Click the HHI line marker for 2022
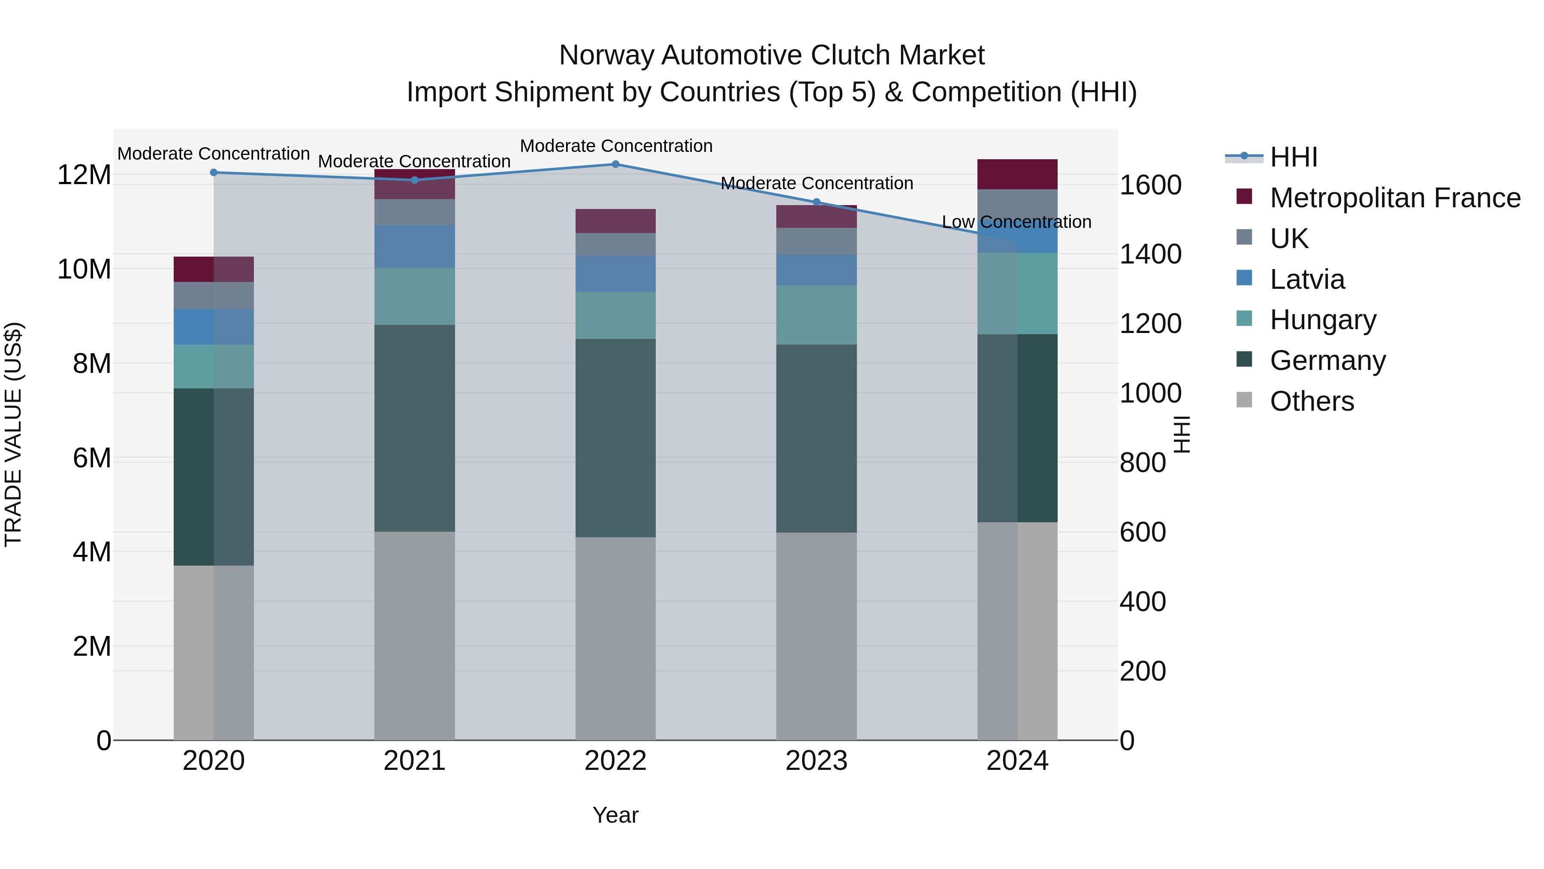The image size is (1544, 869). click(615, 164)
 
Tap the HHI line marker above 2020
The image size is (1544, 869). click(214, 173)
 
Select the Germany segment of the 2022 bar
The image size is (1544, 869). click(615, 438)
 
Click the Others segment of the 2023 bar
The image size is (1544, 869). click(816, 636)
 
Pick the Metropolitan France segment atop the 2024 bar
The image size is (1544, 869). click(1017, 174)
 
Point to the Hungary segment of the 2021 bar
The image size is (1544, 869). click(415, 296)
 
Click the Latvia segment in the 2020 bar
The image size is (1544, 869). click(214, 327)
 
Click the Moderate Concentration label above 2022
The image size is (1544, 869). click(615, 146)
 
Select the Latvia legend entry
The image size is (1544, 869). click(1307, 279)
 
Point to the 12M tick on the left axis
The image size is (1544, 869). click(84, 175)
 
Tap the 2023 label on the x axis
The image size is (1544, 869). click(816, 761)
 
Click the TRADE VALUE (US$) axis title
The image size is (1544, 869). click(13, 434)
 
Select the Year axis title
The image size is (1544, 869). click(615, 815)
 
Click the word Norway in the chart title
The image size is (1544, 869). click(606, 55)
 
